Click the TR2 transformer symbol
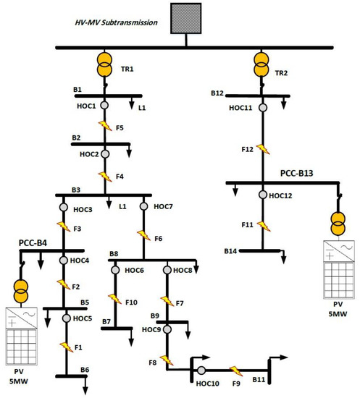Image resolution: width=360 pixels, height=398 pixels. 261,67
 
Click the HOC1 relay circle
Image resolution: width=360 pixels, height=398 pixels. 104,106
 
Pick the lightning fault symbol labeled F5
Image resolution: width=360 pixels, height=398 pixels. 104,126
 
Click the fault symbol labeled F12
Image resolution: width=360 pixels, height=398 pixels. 262,151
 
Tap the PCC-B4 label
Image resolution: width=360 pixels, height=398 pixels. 35,244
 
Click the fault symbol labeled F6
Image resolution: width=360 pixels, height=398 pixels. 144,236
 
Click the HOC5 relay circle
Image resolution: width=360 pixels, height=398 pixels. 67,318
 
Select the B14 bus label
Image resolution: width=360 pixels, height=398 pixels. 231,250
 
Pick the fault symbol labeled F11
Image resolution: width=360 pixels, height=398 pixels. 262,225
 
